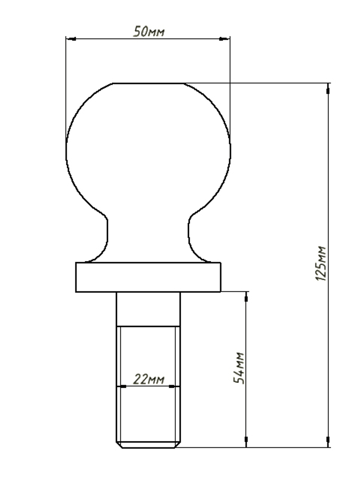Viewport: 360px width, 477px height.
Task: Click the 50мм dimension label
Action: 149,32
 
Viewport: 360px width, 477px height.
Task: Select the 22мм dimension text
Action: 148,379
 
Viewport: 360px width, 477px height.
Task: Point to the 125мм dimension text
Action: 321,263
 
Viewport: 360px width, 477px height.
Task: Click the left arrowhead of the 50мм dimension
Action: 71,39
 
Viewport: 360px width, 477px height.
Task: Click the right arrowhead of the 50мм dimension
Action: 224,39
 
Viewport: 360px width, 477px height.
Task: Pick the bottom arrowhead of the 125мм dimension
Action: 328,442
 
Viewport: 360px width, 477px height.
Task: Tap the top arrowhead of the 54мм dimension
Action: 246,297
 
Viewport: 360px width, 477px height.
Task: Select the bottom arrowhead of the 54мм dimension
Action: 246,442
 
